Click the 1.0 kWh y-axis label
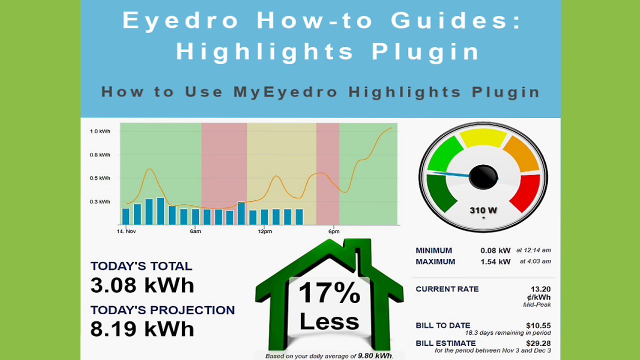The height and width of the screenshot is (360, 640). coord(100,131)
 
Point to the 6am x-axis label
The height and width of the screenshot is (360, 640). coord(195,231)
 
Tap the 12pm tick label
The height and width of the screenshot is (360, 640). coord(265,231)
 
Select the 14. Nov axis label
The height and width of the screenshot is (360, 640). coord(126,231)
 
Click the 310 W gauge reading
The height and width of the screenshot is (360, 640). coord(483,210)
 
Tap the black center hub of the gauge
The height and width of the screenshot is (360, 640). coord(483,177)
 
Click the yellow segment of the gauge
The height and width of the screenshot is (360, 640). coord(483,137)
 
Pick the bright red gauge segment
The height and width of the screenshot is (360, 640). coord(525,193)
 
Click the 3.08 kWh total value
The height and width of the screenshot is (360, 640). coord(142,285)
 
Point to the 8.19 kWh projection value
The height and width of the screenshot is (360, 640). coord(142,329)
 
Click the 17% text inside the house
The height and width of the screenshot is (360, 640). coord(329,292)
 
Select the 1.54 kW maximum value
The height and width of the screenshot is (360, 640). coord(495,261)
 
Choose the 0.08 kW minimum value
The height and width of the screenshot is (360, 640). coord(495,250)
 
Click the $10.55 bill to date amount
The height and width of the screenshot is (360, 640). coord(538,325)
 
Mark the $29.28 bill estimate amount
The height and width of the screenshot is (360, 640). coord(538,343)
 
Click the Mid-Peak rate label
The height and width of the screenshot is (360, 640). coord(537,305)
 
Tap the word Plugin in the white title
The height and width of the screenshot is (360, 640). coord(425,52)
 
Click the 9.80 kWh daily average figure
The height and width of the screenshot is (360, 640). coord(375,356)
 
